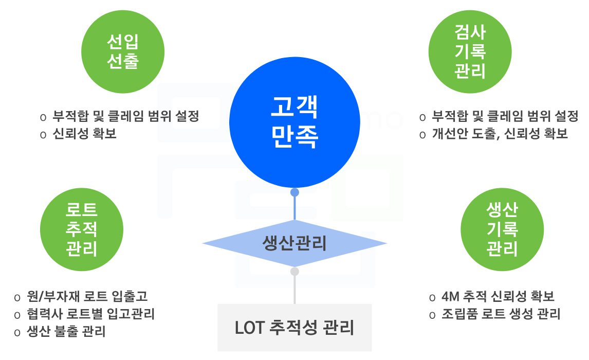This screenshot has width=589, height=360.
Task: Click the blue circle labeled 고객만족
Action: tap(294, 123)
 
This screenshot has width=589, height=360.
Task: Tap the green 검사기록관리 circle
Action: tap(470, 52)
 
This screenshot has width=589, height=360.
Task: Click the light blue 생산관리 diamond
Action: tap(294, 243)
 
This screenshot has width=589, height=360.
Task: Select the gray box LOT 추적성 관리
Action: tap(294, 328)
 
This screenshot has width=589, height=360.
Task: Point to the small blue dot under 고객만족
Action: tap(294, 192)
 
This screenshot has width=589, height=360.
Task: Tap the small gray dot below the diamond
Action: tap(294, 271)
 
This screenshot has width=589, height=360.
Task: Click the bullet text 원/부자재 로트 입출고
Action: tap(87, 297)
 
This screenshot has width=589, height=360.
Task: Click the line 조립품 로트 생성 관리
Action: tap(501, 314)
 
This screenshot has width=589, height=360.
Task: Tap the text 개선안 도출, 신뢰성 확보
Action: tap(500, 134)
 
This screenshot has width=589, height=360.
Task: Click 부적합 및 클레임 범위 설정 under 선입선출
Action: tap(125, 116)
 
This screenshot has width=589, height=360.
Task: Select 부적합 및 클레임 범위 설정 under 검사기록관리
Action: tap(505, 116)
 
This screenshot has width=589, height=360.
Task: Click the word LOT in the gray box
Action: tap(250, 328)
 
